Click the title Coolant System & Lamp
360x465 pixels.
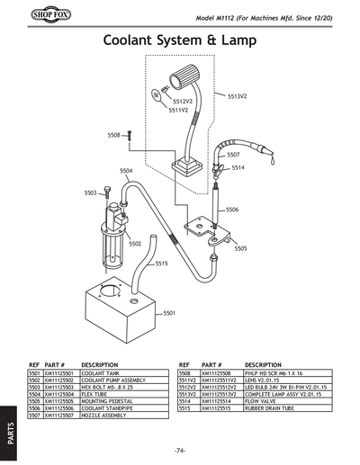(x=180, y=41)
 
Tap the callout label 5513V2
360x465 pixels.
(x=238, y=95)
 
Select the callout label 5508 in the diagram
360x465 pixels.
(x=113, y=135)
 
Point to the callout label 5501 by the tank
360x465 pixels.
(x=169, y=313)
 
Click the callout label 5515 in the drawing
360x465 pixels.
(x=162, y=264)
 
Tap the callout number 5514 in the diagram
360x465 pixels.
(x=238, y=167)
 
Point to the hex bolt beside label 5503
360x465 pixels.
(x=108, y=192)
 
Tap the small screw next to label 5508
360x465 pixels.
(x=129, y=135)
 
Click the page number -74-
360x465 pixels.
(x=180, y=450)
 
